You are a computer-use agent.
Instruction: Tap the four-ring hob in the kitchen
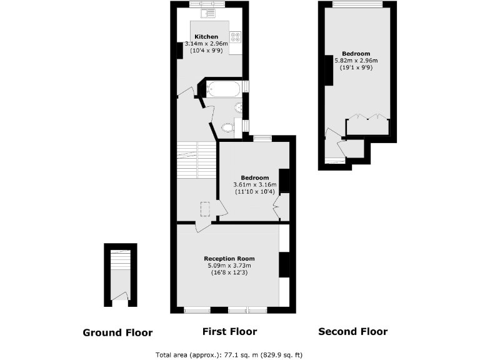click(x=236, y=38)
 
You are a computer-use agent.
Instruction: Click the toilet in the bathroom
click(x=227, y=128)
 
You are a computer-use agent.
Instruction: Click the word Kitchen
click(x=206, y=37)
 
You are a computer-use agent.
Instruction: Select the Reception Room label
click(x=229, y=258)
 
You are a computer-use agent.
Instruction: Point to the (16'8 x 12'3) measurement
click(x=229, y=273)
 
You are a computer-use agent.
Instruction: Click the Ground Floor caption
click(x=117, y=332)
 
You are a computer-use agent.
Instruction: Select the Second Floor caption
click(x=352, y=332)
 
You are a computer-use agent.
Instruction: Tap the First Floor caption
click(x=229, y=332)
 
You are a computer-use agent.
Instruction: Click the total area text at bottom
click(x=229, y=354)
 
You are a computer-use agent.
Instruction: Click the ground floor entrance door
click(x=122, y=296)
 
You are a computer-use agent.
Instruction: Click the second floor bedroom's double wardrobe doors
click(x=367, y=117)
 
